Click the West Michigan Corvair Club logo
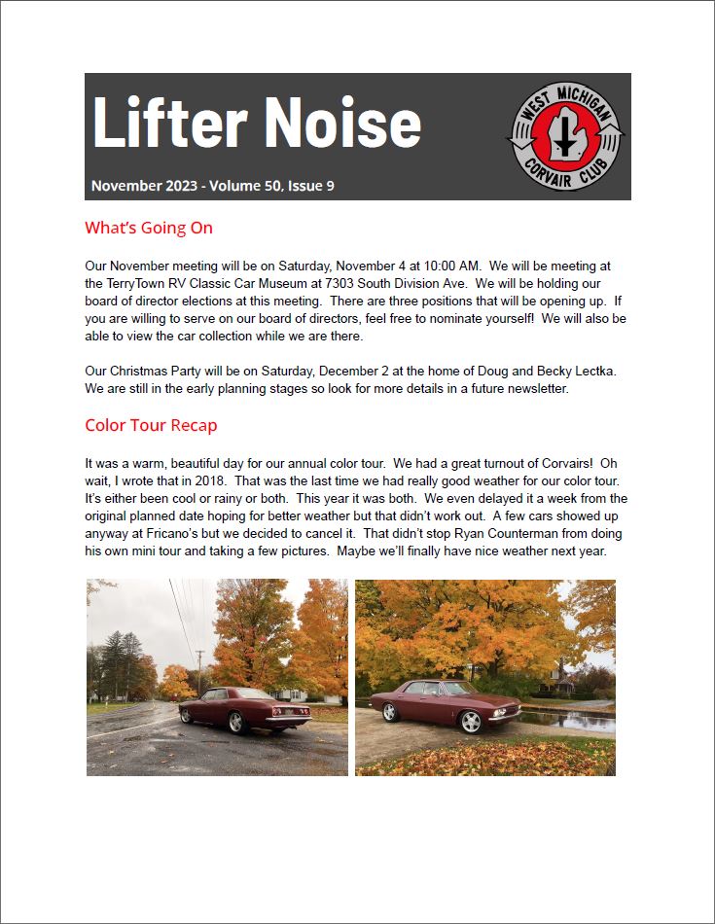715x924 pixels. click(565, 136)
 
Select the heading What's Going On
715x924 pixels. click(149, 229)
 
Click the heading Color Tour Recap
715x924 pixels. click(151, 425)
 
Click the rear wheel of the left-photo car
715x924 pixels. click(235, 723)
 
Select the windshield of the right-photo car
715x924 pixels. click(460, 689)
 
